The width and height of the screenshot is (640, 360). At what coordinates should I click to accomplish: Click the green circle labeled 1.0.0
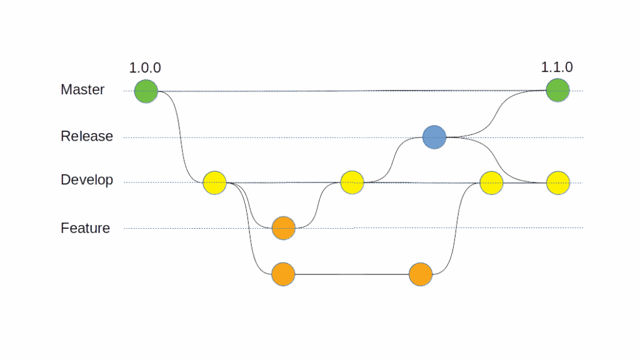pos(146,91)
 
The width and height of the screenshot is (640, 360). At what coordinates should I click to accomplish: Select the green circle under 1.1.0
pos(557,90)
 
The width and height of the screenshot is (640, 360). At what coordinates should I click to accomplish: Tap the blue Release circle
pos(434,137)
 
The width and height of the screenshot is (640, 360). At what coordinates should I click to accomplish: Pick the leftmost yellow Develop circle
pos(214,183)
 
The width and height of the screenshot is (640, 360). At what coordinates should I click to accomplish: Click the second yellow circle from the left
pos(352,182)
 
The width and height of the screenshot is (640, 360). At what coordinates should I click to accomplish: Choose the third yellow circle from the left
pos(491,183)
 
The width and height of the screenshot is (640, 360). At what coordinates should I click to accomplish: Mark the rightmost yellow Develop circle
pos(558,183)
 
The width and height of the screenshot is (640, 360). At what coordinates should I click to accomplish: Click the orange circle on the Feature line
pos(283,228)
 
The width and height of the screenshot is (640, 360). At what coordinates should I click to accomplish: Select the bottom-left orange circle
pos(283,274)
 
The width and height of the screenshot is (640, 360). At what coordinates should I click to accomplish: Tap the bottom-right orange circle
pos(421,274)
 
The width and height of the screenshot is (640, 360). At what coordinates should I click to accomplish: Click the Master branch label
pos(82,89)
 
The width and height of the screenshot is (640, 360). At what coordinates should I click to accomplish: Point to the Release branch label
pos(87,136)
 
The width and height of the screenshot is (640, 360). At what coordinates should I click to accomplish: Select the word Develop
pos(87,180)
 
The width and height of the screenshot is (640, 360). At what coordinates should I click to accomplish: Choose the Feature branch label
pos(85,228)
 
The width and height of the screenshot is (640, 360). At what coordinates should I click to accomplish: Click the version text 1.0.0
pos(145,67)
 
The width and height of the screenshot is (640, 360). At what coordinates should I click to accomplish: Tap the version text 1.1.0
pos(557,67)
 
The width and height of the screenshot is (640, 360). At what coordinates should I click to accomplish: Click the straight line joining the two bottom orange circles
pos(351,274)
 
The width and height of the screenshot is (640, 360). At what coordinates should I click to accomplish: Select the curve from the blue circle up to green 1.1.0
pos(497,116)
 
